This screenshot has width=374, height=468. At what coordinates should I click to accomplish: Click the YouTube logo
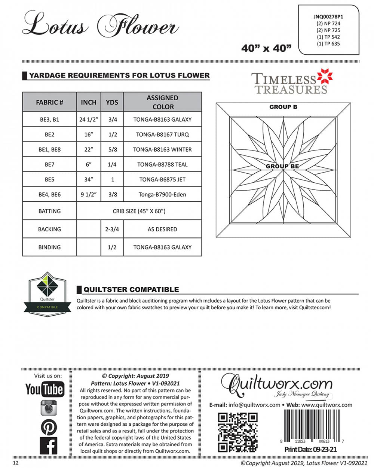[44, 389]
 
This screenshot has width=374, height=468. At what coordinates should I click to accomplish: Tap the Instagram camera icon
[48, 408]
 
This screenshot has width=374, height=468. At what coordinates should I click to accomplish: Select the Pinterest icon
[49, 427]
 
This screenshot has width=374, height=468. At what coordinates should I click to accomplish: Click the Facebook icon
[49, 446]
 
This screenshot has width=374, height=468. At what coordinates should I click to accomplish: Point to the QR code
[238, 432]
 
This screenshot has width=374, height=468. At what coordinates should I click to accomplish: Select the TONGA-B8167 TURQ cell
[162, 134]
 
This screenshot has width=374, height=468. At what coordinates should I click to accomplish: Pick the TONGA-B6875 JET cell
[162, 179]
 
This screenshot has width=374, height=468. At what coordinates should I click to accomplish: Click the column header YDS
[112, 102]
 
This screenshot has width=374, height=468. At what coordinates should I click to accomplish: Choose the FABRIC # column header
[49, 102]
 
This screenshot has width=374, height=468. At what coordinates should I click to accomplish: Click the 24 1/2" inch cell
[89, 119]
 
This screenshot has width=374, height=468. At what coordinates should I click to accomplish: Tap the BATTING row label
[49, 211]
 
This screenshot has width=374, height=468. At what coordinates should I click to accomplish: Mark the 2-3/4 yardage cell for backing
[112, 229]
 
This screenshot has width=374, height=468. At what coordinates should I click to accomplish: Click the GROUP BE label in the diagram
[282, 166]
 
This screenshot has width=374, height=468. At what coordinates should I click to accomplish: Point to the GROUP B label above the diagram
[283, 107]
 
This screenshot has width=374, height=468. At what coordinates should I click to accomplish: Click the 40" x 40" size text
[266, 49]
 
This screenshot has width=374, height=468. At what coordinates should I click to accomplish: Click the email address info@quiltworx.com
[254, 405]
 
